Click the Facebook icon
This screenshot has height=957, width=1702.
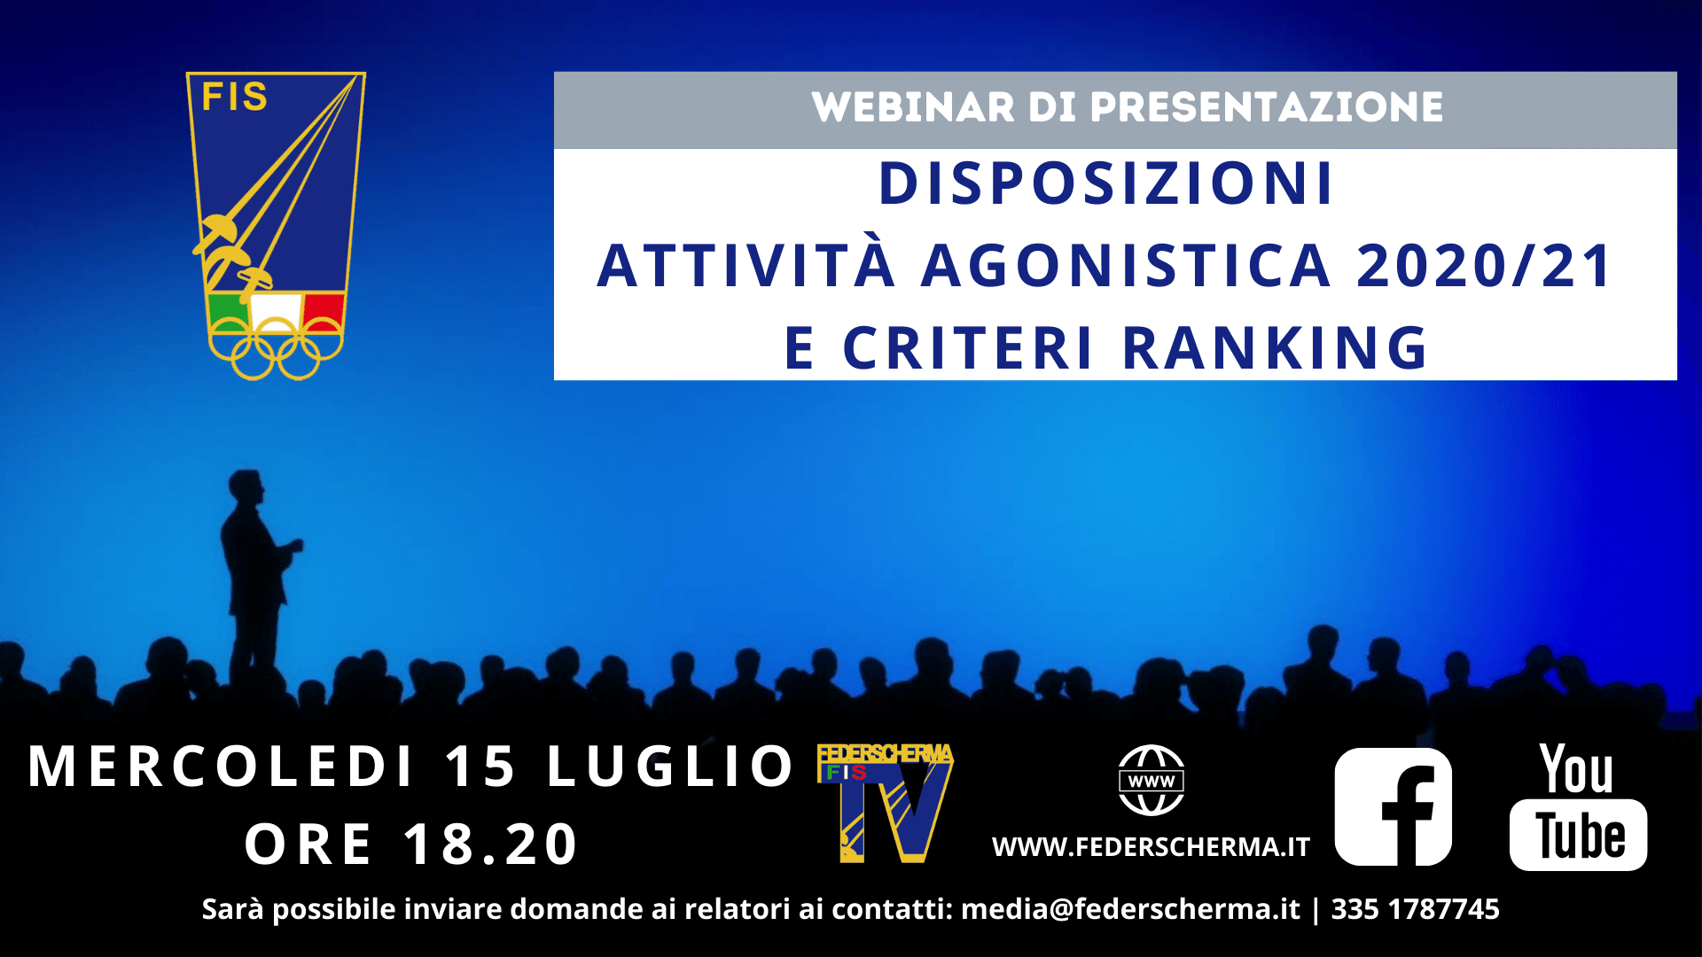click(1394, 806)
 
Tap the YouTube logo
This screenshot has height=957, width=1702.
click(1578, 806)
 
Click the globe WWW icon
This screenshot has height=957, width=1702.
click(1151, 781)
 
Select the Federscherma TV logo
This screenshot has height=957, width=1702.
click(885, 803)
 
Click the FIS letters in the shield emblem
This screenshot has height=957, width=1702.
click(234, 97)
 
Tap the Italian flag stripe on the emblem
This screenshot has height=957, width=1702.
click(276, 312)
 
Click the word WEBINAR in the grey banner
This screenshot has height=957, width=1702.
click(912, 107)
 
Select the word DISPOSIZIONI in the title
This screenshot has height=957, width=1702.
click(1106, 183)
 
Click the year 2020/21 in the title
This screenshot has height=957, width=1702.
click(1485, 266)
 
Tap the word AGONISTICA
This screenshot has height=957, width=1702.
click(1126, 266)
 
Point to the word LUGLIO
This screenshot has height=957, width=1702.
click(670, 766)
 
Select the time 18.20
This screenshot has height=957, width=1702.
click(490, 844)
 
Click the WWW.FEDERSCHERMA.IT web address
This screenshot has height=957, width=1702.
click(1151, 847)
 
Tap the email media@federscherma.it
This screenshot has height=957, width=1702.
click(1130, 909)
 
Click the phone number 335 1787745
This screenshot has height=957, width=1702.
click(1415, 909)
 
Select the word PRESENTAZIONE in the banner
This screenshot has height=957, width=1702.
click(1266, 107)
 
